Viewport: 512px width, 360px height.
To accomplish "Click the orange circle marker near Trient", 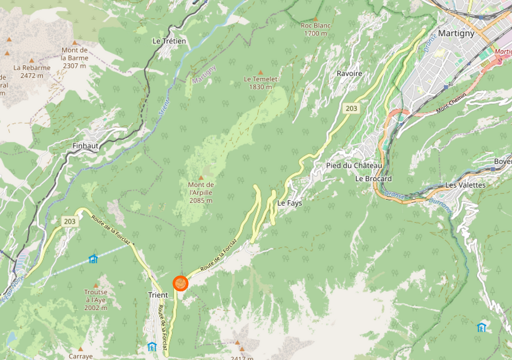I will [x=180, y=283].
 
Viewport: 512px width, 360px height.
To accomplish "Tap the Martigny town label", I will [x=456, y=33].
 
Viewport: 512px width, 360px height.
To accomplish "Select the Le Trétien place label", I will [x=169, y=41].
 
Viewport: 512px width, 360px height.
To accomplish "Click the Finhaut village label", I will [x=86, y=146].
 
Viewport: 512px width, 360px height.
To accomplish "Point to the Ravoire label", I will [x=350, y=74].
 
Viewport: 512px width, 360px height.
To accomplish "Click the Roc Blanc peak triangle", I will [x=315, y=18].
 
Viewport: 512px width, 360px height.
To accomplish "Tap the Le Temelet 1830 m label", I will [x=260, y=83].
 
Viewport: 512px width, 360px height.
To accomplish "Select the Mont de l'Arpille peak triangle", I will [x=201, y=178].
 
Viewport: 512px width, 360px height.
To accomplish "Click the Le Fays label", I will [x=289, y=203].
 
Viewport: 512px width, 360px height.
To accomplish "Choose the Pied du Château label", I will [x=354, y=166].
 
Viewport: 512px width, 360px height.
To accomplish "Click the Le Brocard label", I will [x=373, y=179].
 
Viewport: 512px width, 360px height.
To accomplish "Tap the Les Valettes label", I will [x=465, y=185].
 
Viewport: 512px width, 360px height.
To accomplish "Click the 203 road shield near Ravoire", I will [x=351, y=108].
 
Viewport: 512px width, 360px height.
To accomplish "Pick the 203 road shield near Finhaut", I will [x=70, y=222].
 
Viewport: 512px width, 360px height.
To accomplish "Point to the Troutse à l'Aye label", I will [x=96, y=300].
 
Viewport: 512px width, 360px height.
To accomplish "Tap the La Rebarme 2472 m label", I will [x=32, y=71].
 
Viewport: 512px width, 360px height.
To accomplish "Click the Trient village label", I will [x=158, y=295].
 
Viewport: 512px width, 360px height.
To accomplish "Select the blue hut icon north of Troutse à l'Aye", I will [x=93, y=258].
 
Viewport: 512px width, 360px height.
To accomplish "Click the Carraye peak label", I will [x=80, y=356].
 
